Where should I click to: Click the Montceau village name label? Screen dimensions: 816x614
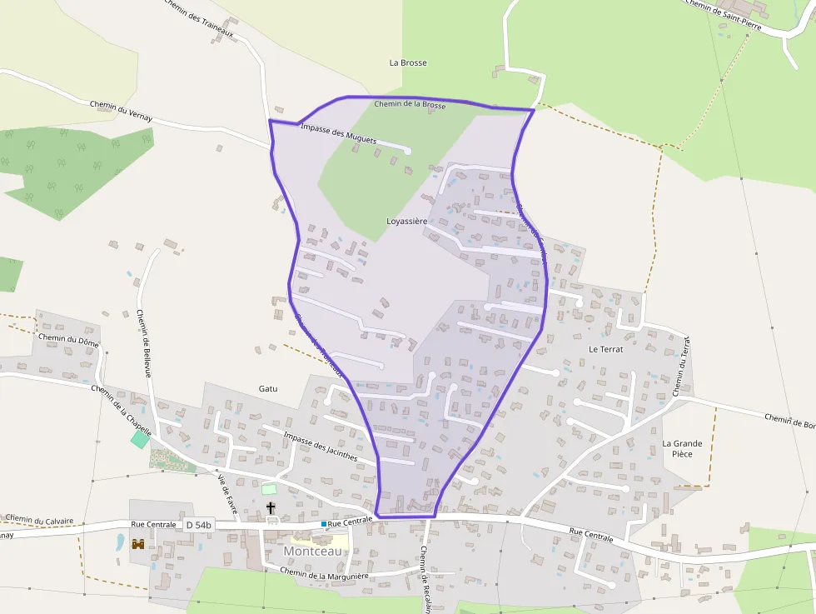[312, 551]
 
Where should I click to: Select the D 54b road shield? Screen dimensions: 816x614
[199, 525]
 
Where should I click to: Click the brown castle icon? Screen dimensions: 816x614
[138, 543]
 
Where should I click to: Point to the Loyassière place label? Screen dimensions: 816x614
[406, 221]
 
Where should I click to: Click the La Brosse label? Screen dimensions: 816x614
[408, 62]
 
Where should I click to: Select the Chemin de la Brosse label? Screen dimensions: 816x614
[410, 105]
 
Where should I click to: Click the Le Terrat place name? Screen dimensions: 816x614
[605, 349]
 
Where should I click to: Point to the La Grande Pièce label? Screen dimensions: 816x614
[682, 448]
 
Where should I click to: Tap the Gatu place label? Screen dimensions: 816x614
[268, 388]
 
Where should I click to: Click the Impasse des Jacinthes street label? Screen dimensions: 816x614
[320, 447]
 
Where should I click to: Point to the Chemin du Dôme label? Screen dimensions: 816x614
[68, 339]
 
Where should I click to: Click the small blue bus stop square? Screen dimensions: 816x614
[323, 523]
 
